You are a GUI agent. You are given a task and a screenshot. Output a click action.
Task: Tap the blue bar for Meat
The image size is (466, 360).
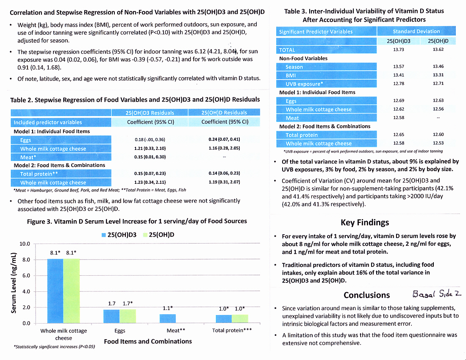tap(168, 318)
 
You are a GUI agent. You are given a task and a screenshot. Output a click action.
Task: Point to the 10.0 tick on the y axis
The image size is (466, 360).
tap(25, 244)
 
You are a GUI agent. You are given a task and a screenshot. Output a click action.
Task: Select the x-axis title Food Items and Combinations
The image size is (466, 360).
tap(148, 341)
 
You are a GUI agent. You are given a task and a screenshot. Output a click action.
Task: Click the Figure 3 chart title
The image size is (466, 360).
tap(137, 221)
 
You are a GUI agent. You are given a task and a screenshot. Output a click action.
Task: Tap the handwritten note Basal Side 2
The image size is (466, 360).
tap(436, 294)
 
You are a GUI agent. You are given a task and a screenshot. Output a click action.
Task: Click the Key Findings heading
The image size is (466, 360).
tap(364, 223)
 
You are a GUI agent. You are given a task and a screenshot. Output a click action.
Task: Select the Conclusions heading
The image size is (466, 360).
tap(366, 295)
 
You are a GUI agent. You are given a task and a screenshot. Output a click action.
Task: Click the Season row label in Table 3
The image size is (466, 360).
tap(294, 67)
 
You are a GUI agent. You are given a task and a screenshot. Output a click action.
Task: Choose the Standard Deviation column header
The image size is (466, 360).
tap(416, 31)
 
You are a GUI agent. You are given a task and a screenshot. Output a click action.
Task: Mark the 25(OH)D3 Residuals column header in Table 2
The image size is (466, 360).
tap(150, 113)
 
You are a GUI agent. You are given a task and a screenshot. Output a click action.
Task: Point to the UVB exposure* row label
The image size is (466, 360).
tap(304, 84)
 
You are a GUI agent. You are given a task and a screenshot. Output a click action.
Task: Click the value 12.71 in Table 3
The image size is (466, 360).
tap(438, 83)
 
